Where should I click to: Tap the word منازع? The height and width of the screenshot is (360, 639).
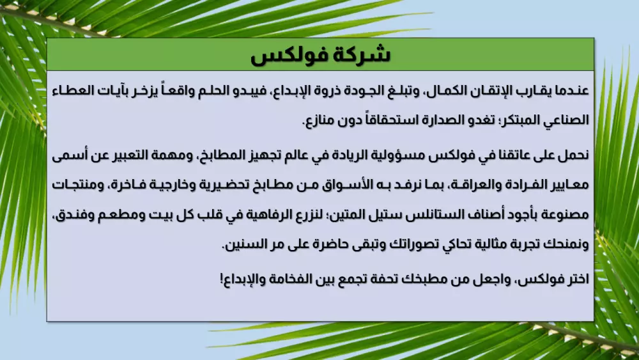(321, 120)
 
